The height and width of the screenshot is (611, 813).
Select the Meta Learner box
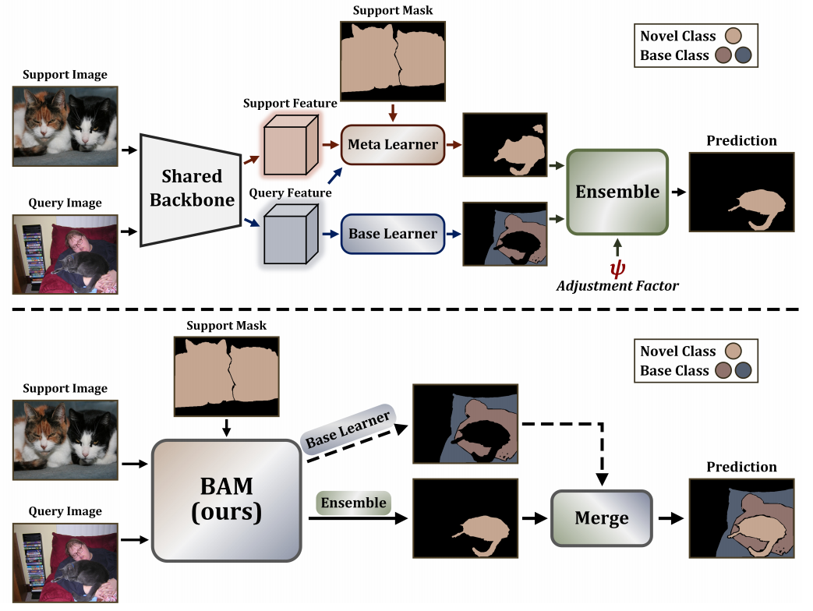click(x=393, y=144)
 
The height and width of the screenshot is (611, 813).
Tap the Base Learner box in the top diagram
click(x=393, y=234)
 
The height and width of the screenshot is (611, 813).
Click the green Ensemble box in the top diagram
click(x=617, y=192)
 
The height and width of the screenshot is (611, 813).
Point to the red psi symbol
click(x=617, y=269)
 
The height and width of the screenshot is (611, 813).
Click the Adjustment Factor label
click(x=617, y=286)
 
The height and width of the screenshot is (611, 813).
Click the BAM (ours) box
click(x=227, y=500)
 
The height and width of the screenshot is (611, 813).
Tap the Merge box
click(x=601, y=517)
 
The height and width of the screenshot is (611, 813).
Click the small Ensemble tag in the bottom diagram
click(x=353, y=503)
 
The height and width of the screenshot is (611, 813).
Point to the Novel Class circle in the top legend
click(x=732, y=36)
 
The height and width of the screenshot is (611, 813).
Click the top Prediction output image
click(x=741, y=192)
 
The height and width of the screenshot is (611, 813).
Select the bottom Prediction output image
click(x=741, y=518)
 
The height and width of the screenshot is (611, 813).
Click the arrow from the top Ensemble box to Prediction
click(x=679, y=192)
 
